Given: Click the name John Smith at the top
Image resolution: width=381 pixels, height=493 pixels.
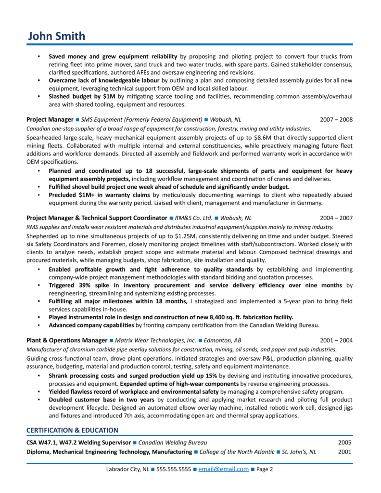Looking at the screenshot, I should point(56,36).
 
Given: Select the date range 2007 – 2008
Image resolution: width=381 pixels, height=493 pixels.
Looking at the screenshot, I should point(336,119).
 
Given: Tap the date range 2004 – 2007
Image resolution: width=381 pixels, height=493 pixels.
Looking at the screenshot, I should point(336,218).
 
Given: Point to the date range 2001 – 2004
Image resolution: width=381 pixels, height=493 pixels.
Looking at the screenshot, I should point(336,340).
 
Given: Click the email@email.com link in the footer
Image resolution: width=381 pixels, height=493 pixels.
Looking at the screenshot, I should point(223,469).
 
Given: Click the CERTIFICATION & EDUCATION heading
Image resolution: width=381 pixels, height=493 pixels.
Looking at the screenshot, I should point(72,430).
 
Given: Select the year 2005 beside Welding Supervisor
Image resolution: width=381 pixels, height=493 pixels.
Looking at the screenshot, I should point(344,442).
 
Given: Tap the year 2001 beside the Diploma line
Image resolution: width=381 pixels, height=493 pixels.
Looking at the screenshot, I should point(344,452).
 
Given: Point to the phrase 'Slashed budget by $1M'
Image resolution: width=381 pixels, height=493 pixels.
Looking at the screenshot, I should point(82,97).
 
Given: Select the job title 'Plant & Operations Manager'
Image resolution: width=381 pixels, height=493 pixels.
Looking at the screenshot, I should point(67,340).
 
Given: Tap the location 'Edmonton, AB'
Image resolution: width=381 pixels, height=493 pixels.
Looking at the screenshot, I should point(222,340).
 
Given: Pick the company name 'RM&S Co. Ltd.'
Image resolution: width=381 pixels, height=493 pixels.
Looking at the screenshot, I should point(193,218).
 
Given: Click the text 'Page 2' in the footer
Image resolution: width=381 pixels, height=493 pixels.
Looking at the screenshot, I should point(265,469).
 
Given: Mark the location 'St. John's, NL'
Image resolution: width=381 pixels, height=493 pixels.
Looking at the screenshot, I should point(299,452).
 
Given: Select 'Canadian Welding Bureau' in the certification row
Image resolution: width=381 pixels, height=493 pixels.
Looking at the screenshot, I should point(173,442).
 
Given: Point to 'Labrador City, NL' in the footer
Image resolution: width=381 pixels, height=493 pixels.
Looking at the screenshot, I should point(127,469).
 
